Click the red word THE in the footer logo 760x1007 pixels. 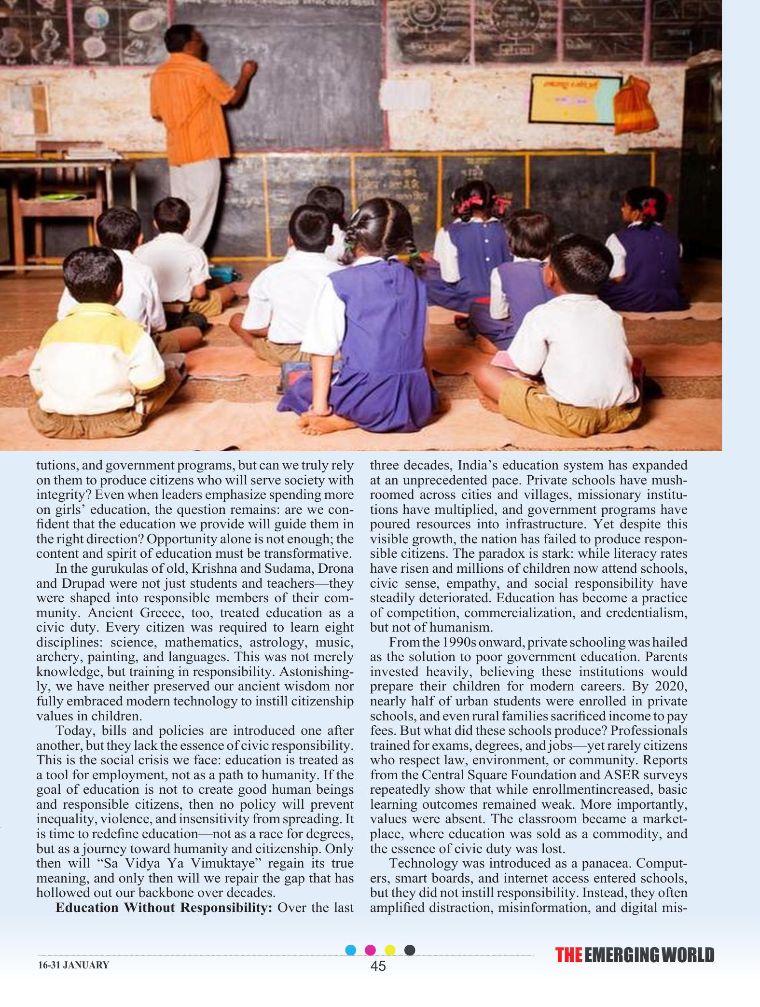click(568, 955)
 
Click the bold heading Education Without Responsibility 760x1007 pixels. click(164, 907)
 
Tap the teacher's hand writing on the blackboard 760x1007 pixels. click(250, 68)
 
